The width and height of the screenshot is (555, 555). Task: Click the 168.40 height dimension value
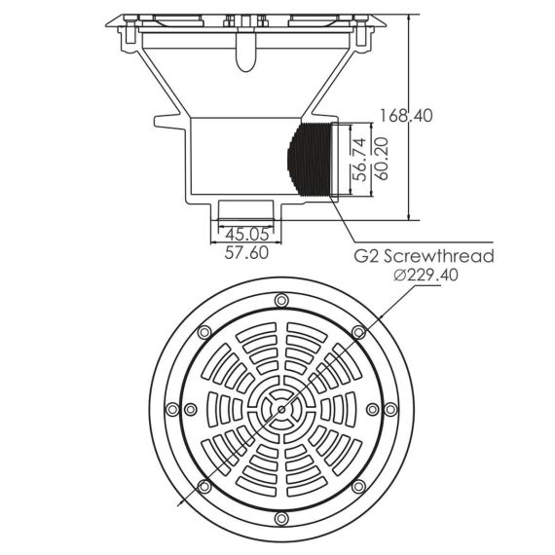(x=406, y=116)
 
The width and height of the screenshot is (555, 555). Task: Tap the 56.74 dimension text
(x=360, y=160)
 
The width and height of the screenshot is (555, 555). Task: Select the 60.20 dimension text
(x=383, y=159)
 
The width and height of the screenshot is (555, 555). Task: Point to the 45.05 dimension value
(x=247, y=234)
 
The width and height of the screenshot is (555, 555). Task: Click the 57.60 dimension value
(x=246, y=253)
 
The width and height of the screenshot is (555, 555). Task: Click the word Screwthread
(x=439, y=256)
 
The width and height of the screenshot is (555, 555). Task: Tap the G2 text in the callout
(x=367, y=256)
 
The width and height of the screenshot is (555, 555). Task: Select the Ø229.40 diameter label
(x=426, y=275)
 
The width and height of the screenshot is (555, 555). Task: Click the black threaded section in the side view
(x=309, y=159)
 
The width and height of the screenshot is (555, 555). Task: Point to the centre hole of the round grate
(x=281, y=410)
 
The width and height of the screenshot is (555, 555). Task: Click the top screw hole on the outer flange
(x=281, y=301)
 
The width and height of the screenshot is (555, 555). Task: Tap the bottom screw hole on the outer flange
(x=281, y=519)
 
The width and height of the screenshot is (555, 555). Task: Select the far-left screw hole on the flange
(x=172, y=410)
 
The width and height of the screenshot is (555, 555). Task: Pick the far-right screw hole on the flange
(x=390, y=410)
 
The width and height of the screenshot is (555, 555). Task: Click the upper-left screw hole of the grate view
(x=204, y=332)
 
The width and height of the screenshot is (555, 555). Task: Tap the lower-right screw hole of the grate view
(x=358, y=487)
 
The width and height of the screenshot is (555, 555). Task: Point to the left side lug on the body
(x=170, y=122)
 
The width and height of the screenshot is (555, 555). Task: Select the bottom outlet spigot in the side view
(x=246, y=210)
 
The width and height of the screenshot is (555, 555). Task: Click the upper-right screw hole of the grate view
(x=358, y=332)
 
